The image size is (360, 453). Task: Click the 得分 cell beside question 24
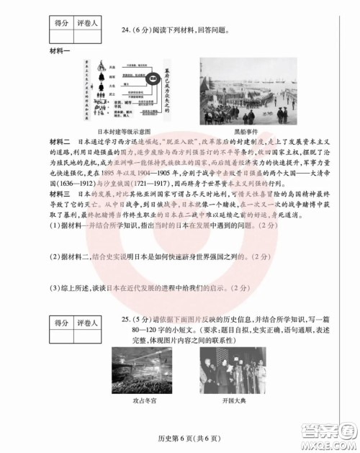pos(61,24)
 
